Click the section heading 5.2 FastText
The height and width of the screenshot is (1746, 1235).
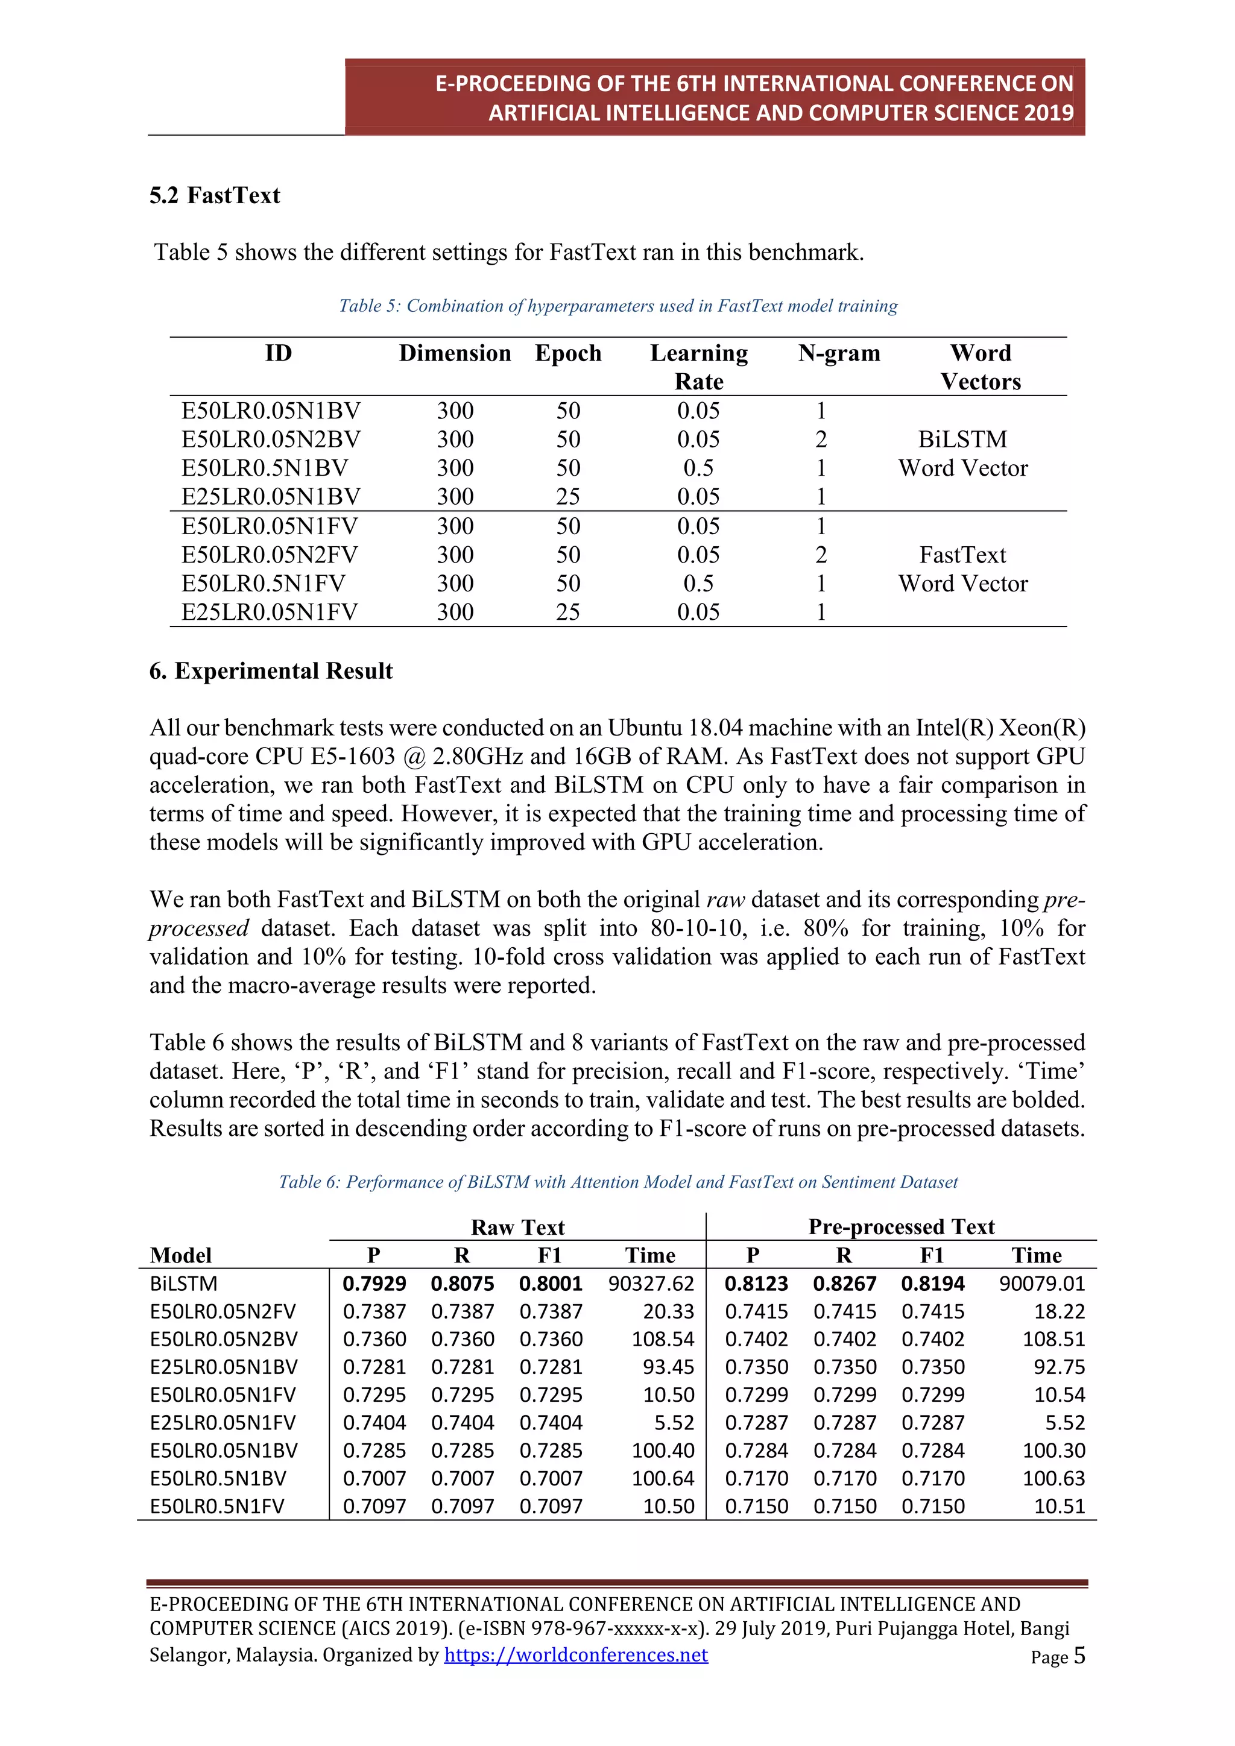click(x=215, y=195)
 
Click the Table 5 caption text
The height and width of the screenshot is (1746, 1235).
click(x=617, y=306)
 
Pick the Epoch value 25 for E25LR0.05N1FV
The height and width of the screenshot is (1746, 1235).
click(x=567, y=611)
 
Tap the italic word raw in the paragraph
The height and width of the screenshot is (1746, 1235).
click(x=725, y=900)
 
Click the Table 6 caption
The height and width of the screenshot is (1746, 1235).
click(x=617, y=1182)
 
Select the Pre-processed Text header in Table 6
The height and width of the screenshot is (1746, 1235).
click(x=901, y=1227)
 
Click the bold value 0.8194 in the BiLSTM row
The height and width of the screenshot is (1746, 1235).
click(x=932, y=1284)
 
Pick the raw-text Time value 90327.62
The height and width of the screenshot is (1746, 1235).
click(x=651, y=1284)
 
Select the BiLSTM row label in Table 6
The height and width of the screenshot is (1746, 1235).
click(x=183, y=1284)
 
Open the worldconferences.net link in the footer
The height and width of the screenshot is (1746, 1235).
click(x=576, y=1655)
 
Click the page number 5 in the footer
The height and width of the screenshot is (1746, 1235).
click(x=1079, y=1656)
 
